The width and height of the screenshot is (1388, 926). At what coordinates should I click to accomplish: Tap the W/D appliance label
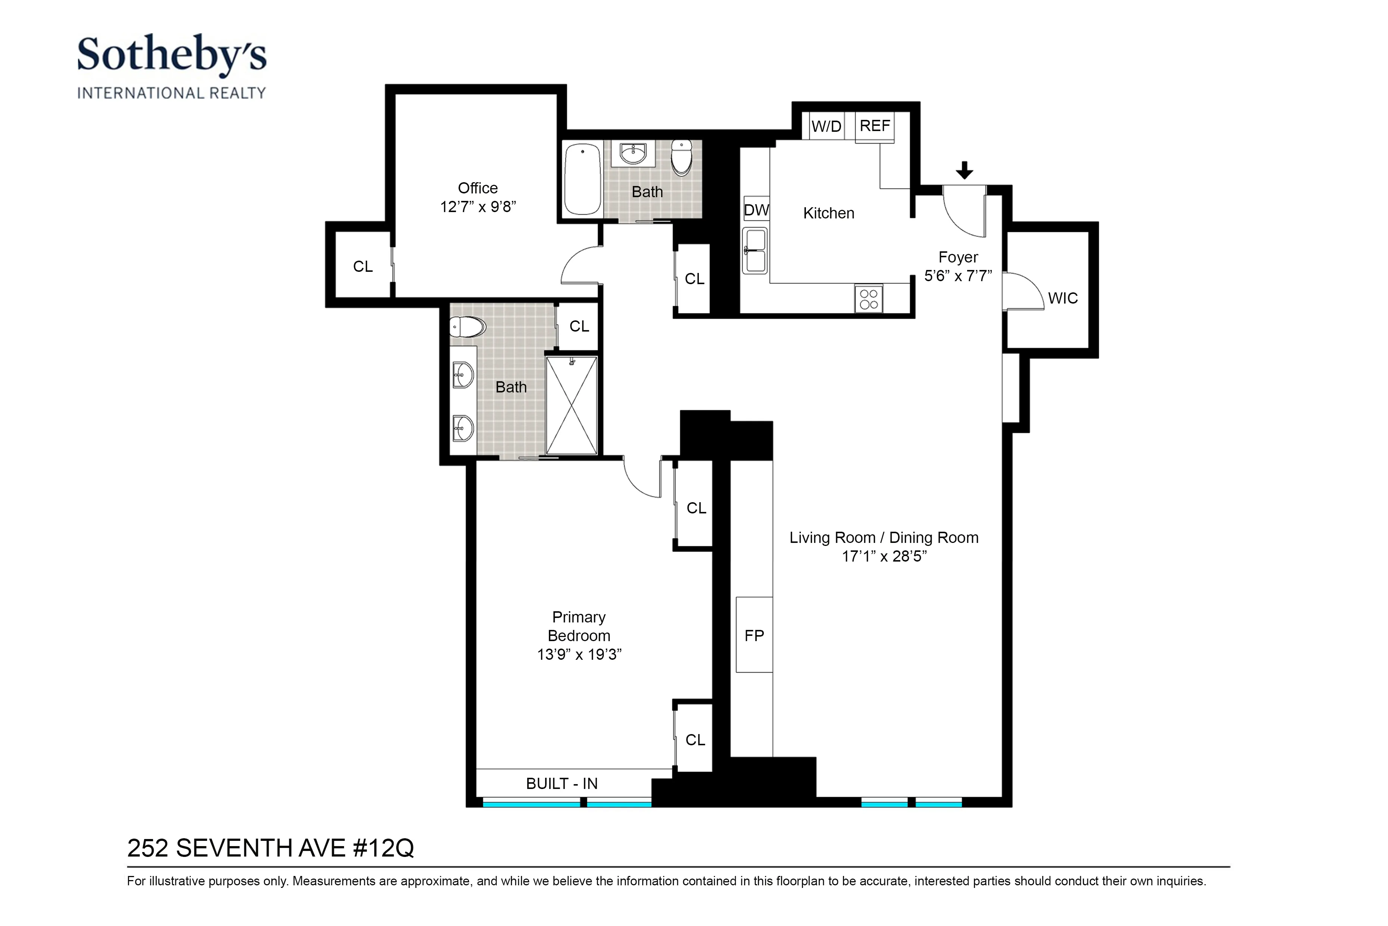tap(826, 126)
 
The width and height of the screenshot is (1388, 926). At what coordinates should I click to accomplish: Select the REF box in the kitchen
tap(875, 126)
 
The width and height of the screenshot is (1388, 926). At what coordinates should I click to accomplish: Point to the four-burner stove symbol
tap(869, 299)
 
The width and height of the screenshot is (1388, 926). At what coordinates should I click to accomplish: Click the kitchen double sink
tap(755, 251)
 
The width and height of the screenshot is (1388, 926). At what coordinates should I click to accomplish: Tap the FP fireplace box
tap(754, 636)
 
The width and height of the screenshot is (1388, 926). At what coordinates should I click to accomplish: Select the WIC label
tap(1063, 298)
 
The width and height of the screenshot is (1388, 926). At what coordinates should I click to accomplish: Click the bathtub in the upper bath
tap(582, 179)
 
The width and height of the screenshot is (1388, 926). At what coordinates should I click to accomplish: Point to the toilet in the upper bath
tap(682, 157)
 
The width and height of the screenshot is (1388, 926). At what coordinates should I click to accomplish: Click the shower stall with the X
tap(571, 405)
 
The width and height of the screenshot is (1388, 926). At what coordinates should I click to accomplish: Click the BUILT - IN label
tap(562, 784)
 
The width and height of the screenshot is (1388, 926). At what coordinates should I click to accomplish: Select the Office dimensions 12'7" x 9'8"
tap(478, 207)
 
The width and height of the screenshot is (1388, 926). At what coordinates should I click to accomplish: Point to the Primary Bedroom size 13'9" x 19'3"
tap(579, 654)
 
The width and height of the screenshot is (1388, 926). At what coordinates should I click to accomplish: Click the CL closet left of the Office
tap(362, 266)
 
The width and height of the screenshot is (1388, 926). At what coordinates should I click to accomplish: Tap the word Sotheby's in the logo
tap(172, 55)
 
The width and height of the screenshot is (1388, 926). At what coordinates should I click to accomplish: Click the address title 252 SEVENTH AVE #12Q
tap(270, 848)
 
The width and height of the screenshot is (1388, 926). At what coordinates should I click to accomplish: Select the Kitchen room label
tap(829, 213)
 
